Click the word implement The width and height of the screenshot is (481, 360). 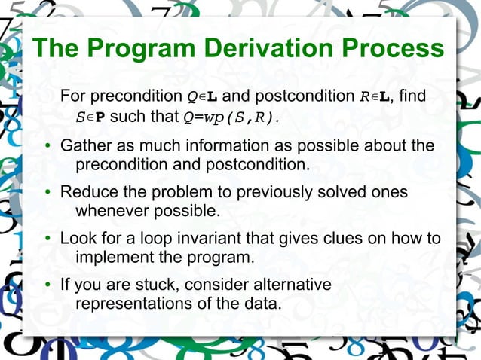113,258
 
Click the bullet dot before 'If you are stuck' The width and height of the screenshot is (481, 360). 47,286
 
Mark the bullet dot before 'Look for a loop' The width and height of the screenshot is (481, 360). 47,239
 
